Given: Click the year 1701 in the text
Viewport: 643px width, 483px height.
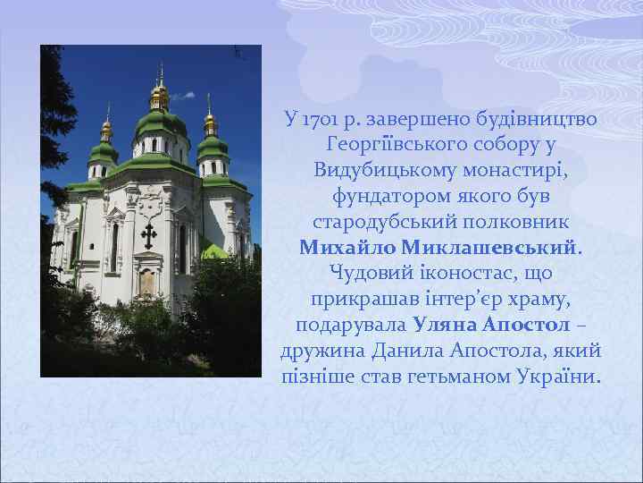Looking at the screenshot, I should point(323,119).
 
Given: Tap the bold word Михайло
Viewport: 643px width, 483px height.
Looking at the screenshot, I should point(349,245).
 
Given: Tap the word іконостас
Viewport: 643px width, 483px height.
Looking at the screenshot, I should point(447,271).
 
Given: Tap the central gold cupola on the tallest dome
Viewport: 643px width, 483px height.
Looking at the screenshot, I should point(160,94).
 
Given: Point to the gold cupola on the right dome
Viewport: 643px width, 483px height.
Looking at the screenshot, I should point(211,121).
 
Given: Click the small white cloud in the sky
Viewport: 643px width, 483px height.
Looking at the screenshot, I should point(184,95).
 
